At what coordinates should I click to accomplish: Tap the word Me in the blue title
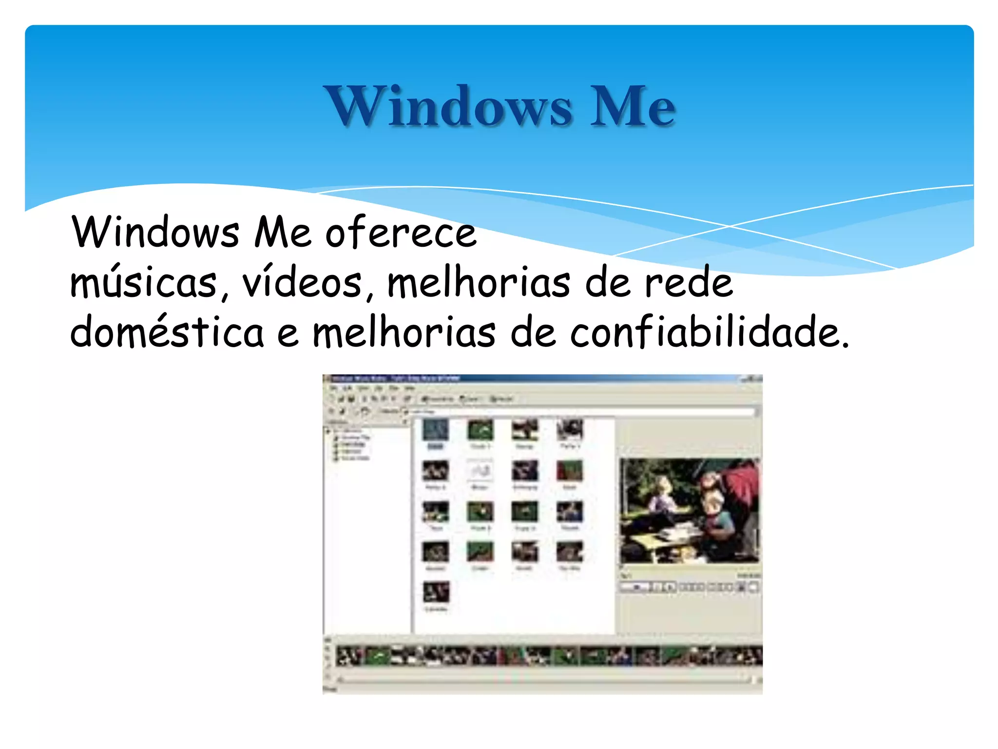coord(632,106)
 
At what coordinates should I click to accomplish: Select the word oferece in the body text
coord(401,233)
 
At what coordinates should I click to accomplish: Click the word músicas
coord(144,283)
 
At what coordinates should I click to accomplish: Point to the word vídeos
coord(303,283)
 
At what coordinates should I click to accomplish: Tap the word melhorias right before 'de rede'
coord(478,283)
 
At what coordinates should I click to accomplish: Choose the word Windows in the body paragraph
coord(155,233)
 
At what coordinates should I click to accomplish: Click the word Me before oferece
coord(282,233)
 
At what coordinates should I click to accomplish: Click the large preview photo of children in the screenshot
coord(689,511)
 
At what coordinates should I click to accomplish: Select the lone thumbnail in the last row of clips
coord(436,592)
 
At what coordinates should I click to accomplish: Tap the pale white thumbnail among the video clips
coord(480,471)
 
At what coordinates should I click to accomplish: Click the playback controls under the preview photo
coord(689,587)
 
